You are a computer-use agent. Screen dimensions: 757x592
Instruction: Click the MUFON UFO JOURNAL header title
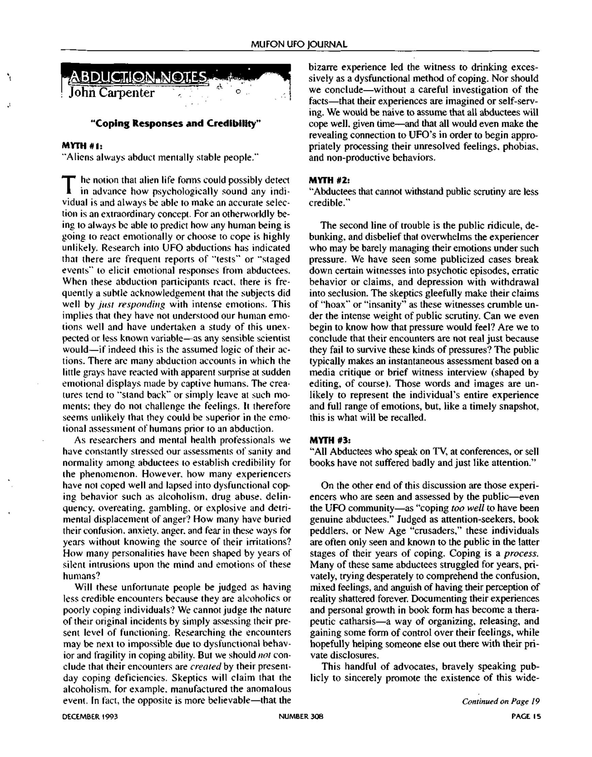pyautogui.click(x=299, y=44)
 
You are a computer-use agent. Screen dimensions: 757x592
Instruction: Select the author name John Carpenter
pyautogui.click(x=111, y=93)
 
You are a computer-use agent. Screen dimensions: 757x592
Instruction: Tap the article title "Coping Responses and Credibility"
pyautogui.click(x=175, y=123)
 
